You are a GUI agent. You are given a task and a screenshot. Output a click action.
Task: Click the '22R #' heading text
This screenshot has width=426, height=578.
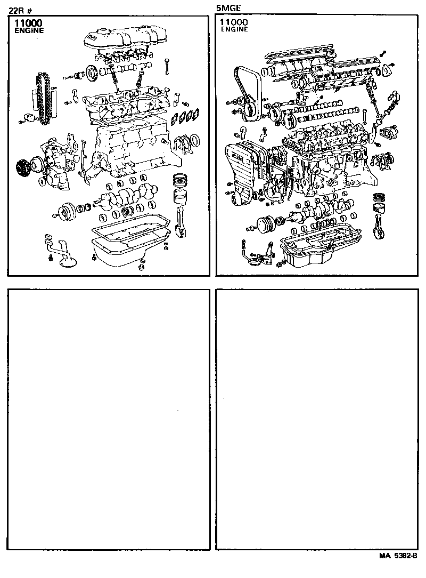(x=21, y=9)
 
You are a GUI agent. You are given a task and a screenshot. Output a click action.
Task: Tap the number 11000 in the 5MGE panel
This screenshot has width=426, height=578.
(x=234, y=22)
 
